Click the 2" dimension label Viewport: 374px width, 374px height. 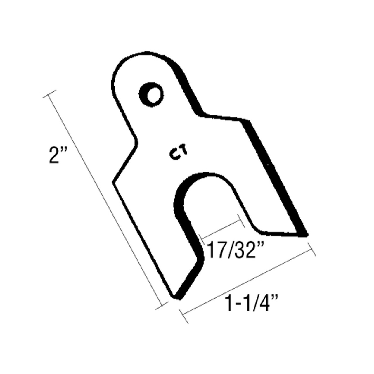point(58,156)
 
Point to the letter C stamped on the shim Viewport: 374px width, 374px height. point(174,155)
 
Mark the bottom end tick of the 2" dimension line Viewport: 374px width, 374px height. point(161,306)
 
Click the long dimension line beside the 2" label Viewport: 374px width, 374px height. point(105,202)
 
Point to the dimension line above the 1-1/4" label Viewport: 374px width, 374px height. point(248,282)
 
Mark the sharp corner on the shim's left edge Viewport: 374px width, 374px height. point(113,182)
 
